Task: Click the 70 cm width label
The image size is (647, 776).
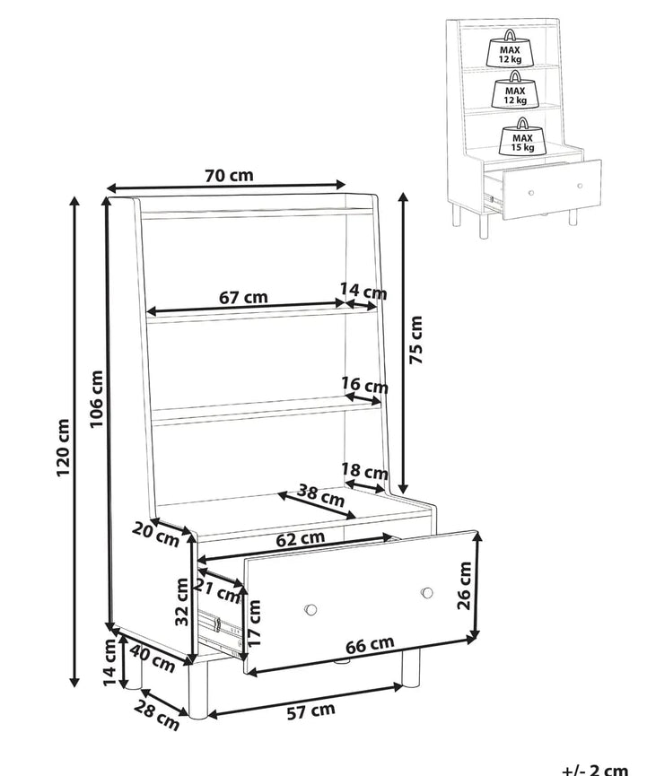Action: pyautogui.click(x=229, y=175)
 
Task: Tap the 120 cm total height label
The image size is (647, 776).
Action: pyautogui.click(x=64, y=448)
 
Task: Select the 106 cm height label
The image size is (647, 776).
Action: pyautogui.click(x=96, y=399)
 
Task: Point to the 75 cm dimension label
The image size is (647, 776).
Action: pyautogui.click(x=415, y=339)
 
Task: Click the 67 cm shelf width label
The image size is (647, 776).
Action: pyautogui.click(x=243, y=298)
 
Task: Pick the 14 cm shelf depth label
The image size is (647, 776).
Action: pyautogui.click(x=363, y=291)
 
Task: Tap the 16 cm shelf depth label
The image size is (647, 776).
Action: pyautogui.click(x=364, y=385)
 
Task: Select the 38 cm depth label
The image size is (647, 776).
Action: pyautogui.click(x=320, y=495)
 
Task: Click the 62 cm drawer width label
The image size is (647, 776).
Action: pyautogui.click(x=300, y=538)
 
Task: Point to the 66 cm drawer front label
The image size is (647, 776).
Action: pyautogui.click(x=370, y=644)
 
